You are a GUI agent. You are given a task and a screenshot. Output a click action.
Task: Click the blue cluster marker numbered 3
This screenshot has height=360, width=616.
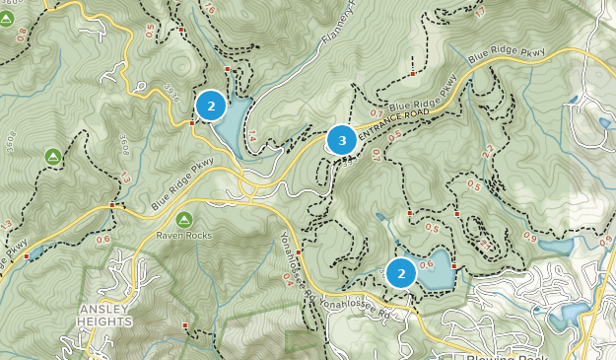point(342,141)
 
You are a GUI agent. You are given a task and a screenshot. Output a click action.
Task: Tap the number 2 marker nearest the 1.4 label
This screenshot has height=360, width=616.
point(211,105)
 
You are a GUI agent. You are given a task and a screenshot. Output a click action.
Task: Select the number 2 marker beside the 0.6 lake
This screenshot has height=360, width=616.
point(401,272)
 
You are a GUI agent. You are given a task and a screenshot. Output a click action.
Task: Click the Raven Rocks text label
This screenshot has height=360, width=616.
point(184,237)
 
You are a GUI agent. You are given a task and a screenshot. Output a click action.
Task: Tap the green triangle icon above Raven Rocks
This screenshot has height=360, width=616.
point(184,219)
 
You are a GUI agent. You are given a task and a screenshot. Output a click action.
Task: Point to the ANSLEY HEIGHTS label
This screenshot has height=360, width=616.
point(104,316)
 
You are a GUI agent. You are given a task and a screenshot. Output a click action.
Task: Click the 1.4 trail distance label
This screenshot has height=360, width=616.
point(252,137)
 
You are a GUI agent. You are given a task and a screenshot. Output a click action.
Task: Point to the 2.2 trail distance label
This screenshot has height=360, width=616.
point(485,151)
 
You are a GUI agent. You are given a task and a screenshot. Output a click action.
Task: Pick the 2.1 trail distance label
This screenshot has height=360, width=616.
point(484,243)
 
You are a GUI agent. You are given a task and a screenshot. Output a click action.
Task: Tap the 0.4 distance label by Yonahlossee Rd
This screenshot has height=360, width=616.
point(287,278)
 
